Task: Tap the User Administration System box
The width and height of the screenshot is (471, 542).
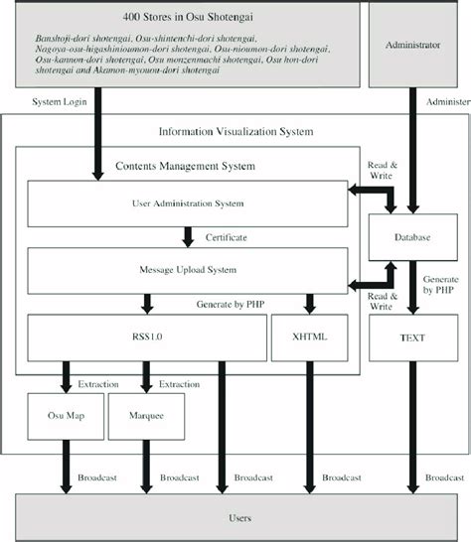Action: (187, 203)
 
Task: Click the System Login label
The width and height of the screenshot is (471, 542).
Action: (58, 102)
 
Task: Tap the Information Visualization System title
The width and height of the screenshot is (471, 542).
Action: (235, 131)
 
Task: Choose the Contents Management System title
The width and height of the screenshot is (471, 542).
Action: (186, 165)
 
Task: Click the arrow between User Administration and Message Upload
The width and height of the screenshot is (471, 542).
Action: (187, 237)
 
